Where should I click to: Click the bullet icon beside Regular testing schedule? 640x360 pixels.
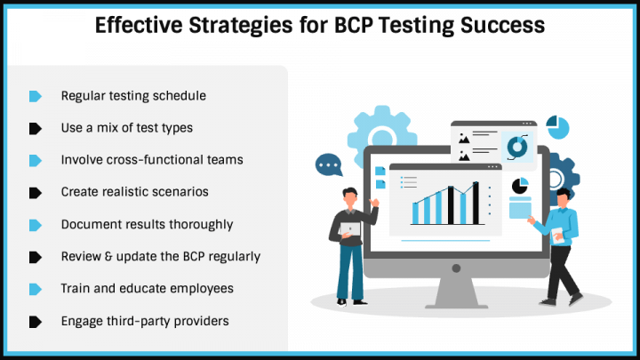click(x=36, y=95)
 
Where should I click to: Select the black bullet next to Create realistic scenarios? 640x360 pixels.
click(x=36, y=192)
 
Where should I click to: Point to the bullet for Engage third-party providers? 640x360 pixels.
click(x=36, y=321)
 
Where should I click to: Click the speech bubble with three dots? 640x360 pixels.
click(x=329, y=165)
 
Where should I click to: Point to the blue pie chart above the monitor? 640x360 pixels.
click(x=557, y=125)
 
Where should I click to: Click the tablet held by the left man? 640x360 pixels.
click(x=349, y=229)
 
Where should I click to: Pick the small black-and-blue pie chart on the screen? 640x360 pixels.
click(x=520, y=187)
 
